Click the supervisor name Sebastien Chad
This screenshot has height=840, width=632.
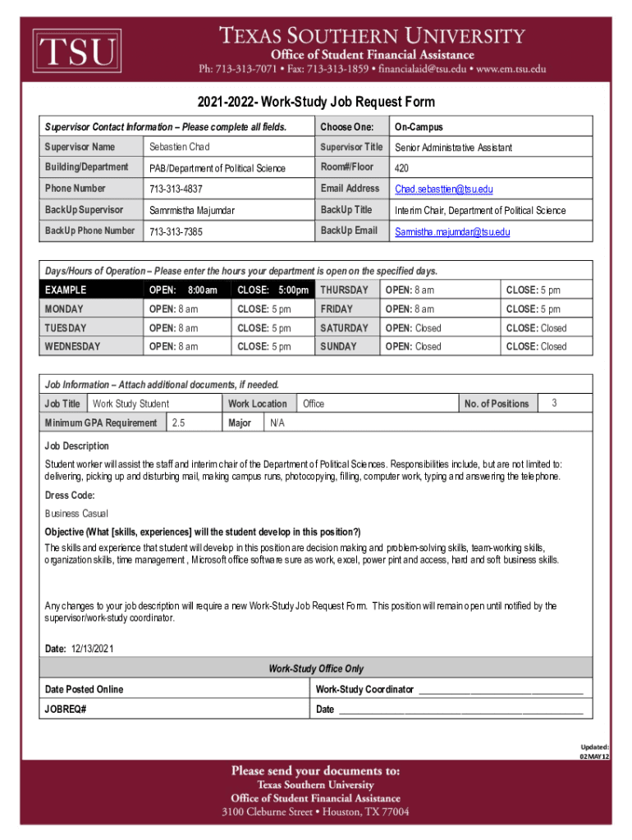pos(179,147)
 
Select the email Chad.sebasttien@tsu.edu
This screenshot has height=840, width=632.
pos(443,189)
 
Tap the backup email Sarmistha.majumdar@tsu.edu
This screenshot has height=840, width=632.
pos(452,232)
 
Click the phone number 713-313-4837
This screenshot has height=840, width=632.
pos(176,189)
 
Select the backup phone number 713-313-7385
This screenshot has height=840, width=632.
pos(176,232)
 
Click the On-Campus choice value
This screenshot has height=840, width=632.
pos(419,126)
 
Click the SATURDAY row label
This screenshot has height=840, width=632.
pos(344,328)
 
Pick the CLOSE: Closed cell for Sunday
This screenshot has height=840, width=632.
pos(536,346)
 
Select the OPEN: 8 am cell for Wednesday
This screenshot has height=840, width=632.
pos(173,346)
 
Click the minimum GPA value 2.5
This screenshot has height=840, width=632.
pos(178,423)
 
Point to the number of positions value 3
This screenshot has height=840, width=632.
pos(555,403)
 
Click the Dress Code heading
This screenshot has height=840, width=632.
pos(70,495)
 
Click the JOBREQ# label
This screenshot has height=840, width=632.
pos(66,710)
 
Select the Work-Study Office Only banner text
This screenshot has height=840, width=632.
pos(316,669)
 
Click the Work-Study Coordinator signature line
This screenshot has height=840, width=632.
pos(501,690)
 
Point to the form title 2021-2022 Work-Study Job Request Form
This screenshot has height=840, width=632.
pos(316,103)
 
